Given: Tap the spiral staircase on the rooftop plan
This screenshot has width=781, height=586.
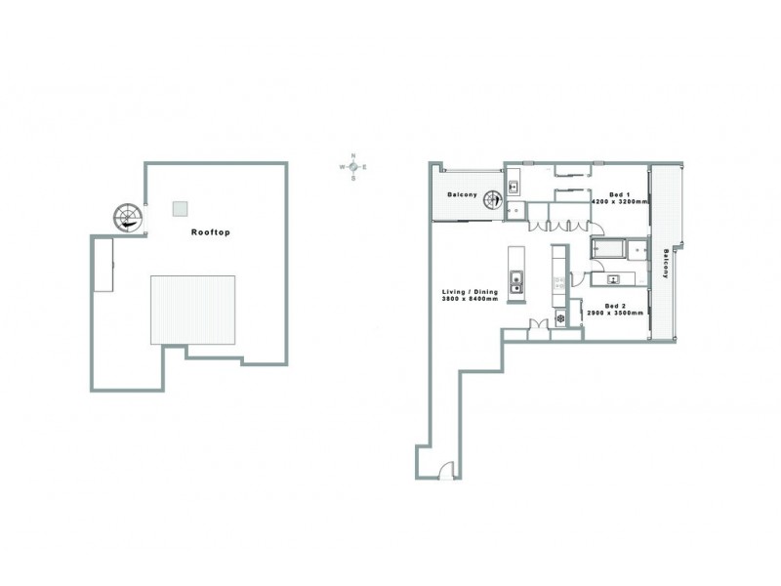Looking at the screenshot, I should click(x=127, y=218).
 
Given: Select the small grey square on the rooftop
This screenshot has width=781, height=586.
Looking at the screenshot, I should click(x=180, y=208).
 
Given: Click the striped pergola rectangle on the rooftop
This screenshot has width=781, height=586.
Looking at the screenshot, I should click(x=193, y=309).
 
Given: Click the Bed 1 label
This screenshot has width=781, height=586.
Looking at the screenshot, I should click(x=619, y=194).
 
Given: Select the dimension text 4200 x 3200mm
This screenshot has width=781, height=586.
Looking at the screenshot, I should click(x=619, y=202).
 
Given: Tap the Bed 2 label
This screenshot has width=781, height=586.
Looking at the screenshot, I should click(x=615, y=307).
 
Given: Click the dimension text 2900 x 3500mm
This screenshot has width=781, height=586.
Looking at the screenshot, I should click(x=615, y=314).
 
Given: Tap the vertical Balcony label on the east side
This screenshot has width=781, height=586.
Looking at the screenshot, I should click(x=667, y=263).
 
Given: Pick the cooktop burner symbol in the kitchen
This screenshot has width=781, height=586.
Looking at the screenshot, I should click(x=560, y=317).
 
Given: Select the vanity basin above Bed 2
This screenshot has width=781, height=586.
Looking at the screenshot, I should click(x=613, y=280).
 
